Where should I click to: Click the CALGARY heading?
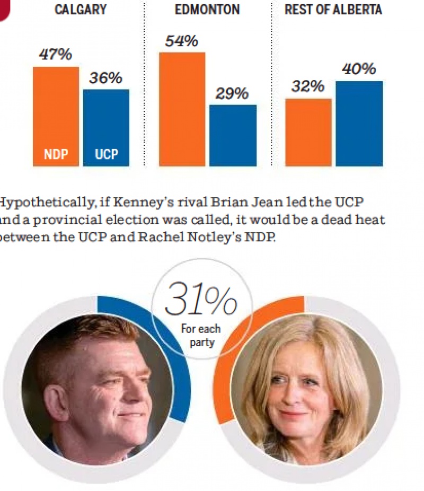click(81, 10)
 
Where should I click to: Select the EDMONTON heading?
click(207, 10)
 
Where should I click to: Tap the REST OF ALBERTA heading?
click(333, 10)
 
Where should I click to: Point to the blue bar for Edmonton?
click(233, 135)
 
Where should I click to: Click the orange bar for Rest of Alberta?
click(308, 133)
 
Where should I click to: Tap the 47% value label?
click(55, 55)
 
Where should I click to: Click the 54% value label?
click(181, 41)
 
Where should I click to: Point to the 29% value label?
click(232, 93)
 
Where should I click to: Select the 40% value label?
click(359, 69)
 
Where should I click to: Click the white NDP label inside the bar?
click(56, 155)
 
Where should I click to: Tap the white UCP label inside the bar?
click(106, 155)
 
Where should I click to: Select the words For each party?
click(201, 336)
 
